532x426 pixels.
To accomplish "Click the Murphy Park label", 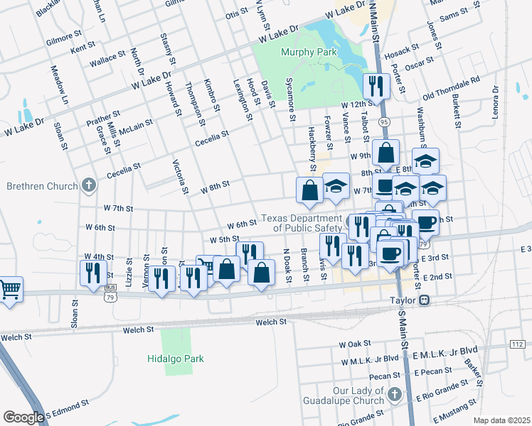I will [x=307, y=52].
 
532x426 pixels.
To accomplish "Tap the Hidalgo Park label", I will [x=175, y=359].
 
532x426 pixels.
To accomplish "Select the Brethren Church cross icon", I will [x=88, y=186].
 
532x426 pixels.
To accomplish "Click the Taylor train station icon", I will [x=425, y=300].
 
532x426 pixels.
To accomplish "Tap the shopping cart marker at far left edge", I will [x=11, y=288].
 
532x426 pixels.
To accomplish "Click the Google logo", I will [x=23, y=417].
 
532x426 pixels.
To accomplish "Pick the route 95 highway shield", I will [x=384, y=122].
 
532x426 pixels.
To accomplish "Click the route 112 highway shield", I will [x=517, y=344].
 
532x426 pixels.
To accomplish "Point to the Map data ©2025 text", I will [x=501, y=420].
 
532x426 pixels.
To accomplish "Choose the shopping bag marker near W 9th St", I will [x=385, y=153].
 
